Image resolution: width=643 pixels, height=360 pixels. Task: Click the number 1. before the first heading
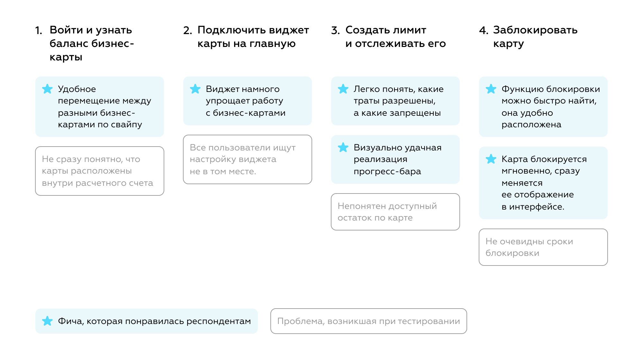pos(39,31)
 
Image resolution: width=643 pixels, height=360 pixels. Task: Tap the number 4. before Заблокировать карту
pos(484,31)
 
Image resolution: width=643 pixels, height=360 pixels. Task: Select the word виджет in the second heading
pos(289,30)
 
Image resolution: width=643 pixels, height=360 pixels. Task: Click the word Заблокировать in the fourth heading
pos(535,30)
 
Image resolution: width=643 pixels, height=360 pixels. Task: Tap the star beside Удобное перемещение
pos(47,89)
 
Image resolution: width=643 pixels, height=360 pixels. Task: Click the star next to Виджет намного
pos(195,89)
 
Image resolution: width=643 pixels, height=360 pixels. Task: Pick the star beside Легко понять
pos(343,89)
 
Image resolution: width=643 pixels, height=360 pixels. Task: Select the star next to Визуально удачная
pos(343,148)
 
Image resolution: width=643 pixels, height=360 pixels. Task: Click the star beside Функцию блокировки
pos(491,89)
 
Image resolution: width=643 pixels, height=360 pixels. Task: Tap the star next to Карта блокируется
pos(491,159)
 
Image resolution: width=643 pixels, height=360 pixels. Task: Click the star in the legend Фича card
pos(47,321)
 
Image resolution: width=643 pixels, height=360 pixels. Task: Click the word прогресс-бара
pos(387,172)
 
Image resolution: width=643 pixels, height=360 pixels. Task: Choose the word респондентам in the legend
pos(219,321)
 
